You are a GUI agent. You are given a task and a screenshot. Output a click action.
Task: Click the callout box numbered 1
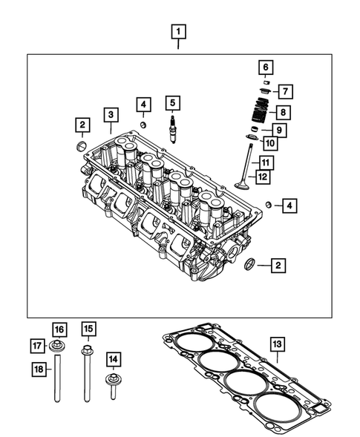click(x=179, y=31)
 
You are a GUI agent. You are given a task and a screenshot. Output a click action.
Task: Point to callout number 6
click(x=264, y=68)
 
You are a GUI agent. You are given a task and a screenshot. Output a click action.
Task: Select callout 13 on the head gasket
click(x=277, y=344)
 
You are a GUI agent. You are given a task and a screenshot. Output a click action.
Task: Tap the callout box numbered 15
click(x=88, y=329)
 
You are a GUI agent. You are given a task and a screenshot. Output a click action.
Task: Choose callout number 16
click(x=59, y=329)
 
